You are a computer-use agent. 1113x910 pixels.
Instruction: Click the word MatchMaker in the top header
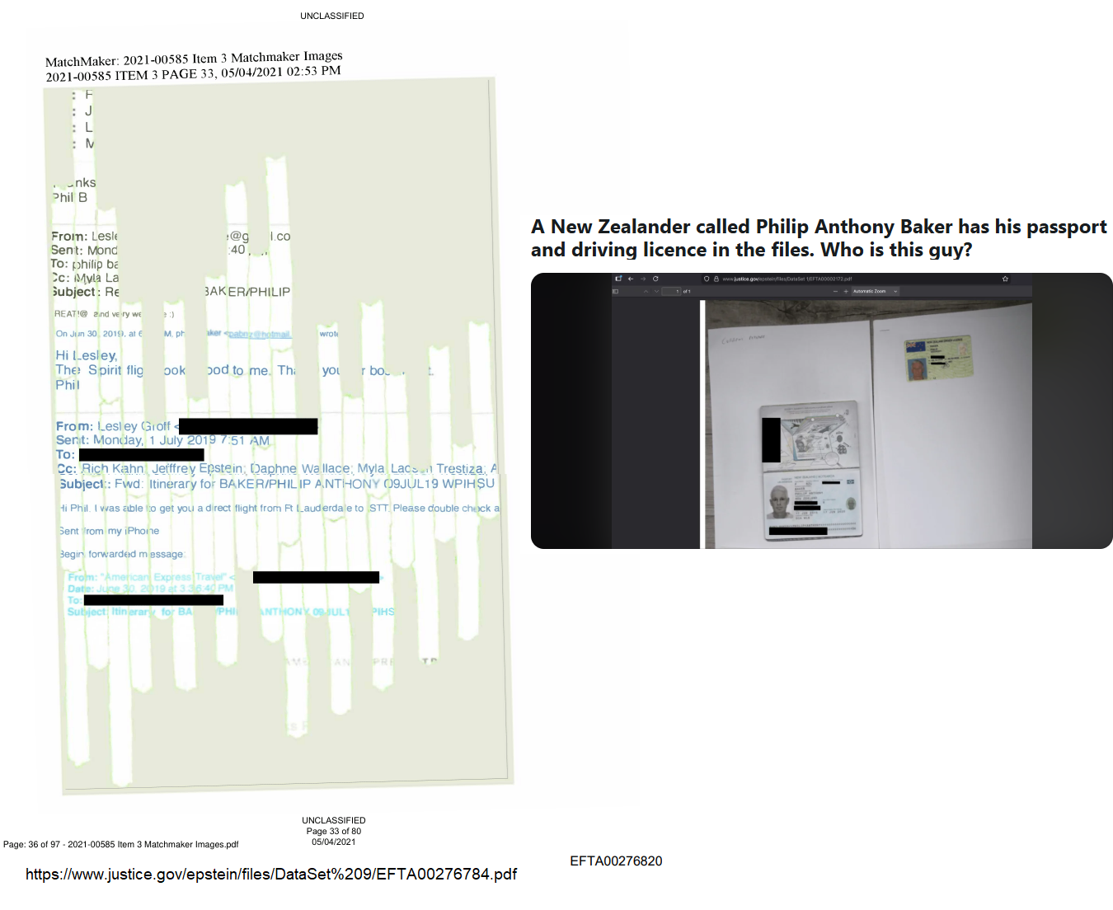click(x=81, y=61)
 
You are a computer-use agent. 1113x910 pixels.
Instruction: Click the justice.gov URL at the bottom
click(x=271, y=875)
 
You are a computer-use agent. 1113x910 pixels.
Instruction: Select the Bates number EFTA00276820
click(x=616, y=861)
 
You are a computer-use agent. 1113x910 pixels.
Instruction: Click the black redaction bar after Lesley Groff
click(x=248, y=426)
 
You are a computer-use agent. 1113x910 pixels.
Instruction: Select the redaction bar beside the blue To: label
click(x=141, y=455)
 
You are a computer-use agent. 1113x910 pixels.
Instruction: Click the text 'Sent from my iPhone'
click(x=109, y=531)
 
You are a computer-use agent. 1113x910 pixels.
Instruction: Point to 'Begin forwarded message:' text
click(x=122, y=554)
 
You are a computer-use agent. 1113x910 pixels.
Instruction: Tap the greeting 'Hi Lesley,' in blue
click(x=87, y=355)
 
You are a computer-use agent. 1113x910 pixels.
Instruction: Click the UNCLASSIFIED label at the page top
click(x=332, y=16)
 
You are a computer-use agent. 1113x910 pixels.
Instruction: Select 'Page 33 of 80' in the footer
click(x=334, y=831)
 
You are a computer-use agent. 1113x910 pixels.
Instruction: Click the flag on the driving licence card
click(x=914, y=347)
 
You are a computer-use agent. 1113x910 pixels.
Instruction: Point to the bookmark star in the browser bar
click(x=1005, y=279)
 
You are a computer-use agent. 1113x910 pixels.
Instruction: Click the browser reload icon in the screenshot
click(x=655, y=279)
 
